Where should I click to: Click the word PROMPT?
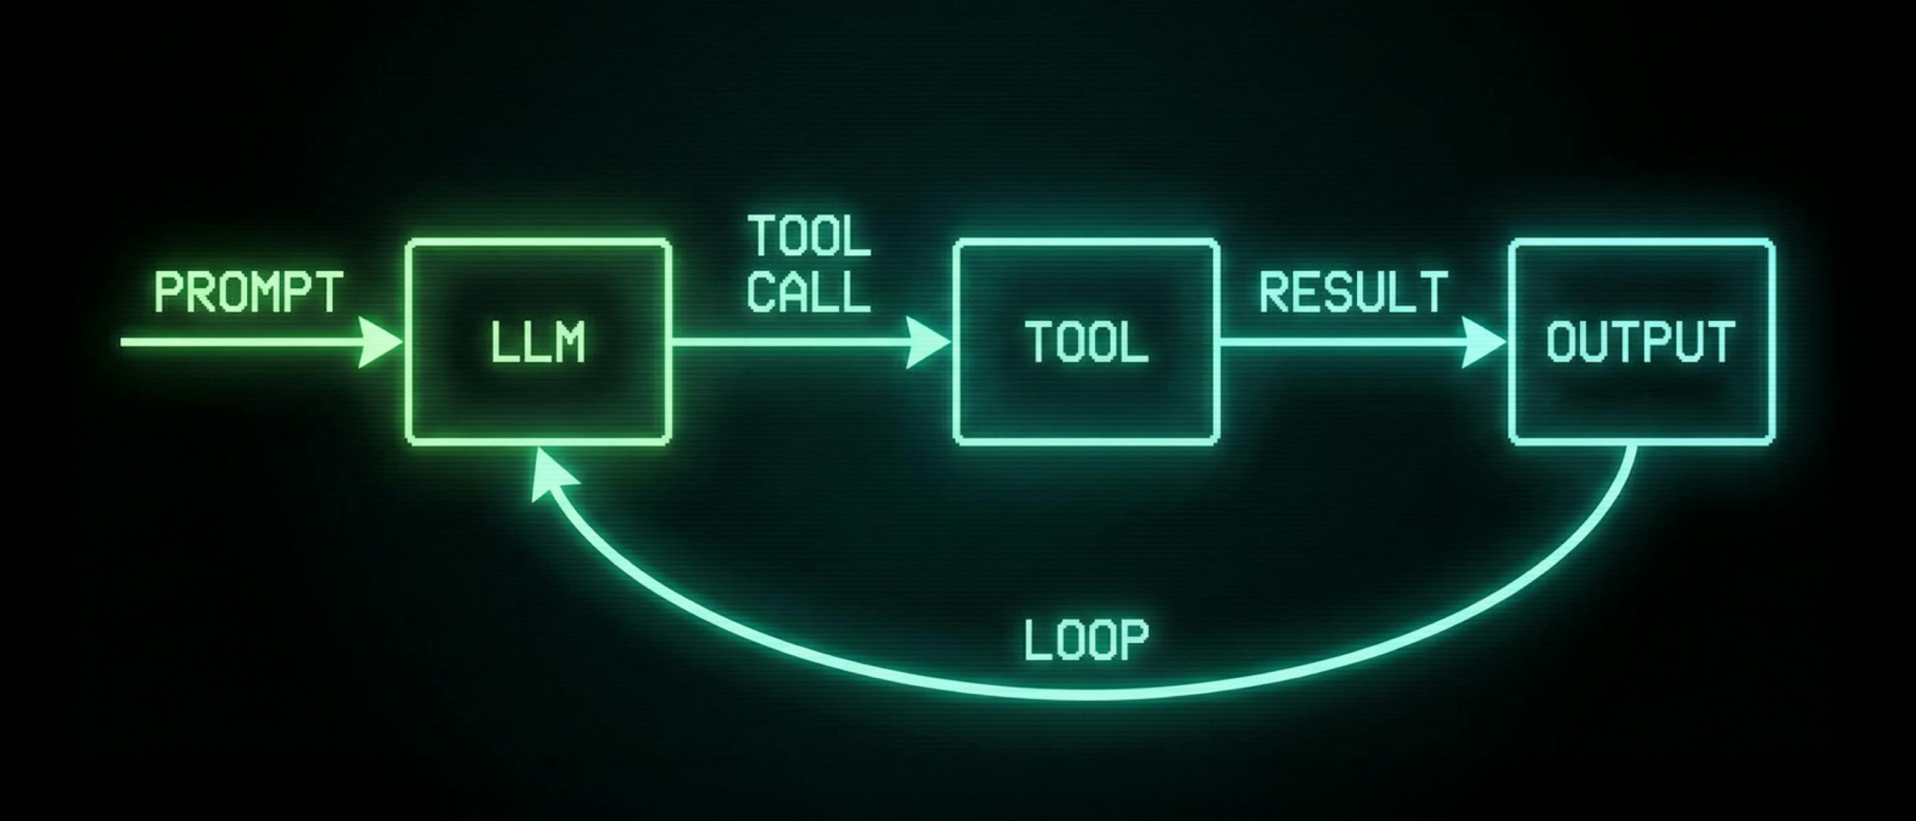(248, 293)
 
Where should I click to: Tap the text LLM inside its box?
(537, 344)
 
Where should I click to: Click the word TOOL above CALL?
(810, 236)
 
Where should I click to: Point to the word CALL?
(808, 291)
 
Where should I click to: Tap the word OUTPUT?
(1641, 343)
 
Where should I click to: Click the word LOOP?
(1085, 641)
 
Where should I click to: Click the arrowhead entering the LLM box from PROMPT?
(380, 343)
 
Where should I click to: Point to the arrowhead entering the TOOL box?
(928, 343)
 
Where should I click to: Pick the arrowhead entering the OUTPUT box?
(1483, 343)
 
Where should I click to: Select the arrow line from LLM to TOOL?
(786, 343)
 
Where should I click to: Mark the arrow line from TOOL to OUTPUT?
(1340, 343)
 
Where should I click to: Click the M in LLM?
(570, 344)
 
